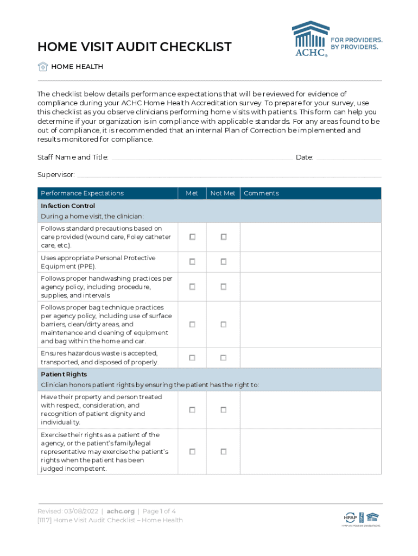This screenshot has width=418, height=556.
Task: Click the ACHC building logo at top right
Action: tap(311, 38)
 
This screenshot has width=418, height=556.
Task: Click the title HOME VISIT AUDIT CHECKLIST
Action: tap(135, 47)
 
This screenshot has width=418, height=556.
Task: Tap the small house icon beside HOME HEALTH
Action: tap(43, 67)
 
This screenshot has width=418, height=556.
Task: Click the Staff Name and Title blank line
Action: tap(201, 157)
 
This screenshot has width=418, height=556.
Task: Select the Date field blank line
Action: tap(349, 157)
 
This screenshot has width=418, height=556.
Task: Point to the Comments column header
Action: tap(261, 193)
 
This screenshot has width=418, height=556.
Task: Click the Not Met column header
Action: tap(223, 193)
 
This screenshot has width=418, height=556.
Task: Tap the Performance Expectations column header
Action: tap(82, 193)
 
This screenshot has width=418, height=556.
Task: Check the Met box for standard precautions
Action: tap(192, 237)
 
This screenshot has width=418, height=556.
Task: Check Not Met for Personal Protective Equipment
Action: tap(223, 262)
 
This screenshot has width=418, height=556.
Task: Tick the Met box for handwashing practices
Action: tap(192, 287)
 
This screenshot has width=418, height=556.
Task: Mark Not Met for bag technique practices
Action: tap(223, 324)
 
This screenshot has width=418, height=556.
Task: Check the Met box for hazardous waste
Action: tap(192, 358)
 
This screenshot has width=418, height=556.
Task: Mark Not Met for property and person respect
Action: tap(223, 409)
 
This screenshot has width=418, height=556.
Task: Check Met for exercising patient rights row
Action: tap(192, 451)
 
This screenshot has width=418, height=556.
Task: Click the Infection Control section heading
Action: tap(68, 206)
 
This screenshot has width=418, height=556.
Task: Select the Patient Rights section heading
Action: tap(64, 375)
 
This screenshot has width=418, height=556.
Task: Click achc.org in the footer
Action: tap(120, 511)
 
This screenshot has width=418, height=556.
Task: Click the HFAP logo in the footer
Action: tap(350, 517)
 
